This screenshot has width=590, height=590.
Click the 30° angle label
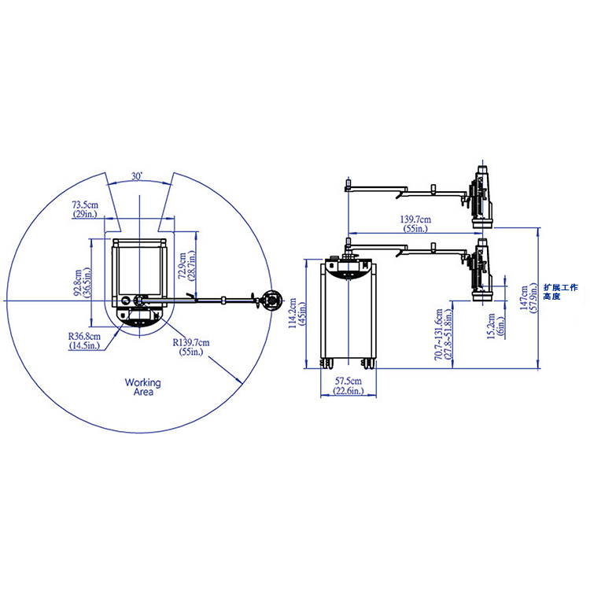click(137, 176)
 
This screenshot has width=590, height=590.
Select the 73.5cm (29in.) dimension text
click(85, 209)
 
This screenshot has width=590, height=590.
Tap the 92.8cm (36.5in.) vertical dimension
click(83, 283)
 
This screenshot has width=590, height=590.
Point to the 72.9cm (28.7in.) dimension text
click(187, 267)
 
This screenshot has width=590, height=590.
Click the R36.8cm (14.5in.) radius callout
click(84, 341)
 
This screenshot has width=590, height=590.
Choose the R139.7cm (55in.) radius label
click(191, 347)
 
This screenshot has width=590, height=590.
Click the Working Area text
click(143, 387)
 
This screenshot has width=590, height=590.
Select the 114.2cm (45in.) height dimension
click(297, 313)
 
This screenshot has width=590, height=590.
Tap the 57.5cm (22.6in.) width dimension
click(348, 386)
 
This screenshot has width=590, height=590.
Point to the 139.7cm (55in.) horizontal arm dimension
click(415, 224)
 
